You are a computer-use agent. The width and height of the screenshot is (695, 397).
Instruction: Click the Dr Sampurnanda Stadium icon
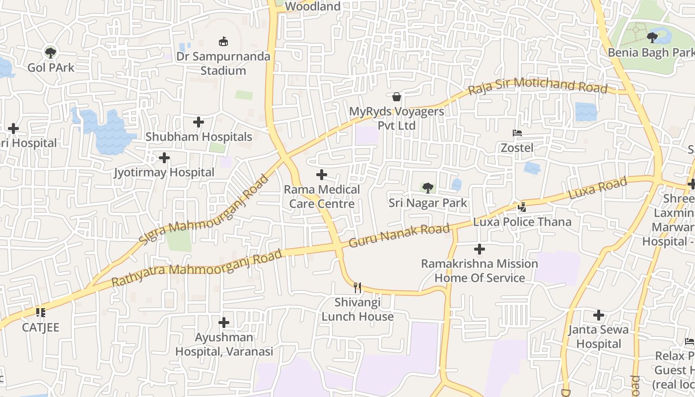coord(223,42)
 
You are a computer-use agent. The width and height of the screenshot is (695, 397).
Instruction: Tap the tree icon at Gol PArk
coord(50,52)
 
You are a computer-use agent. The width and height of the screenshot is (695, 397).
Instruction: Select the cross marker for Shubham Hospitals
coord(199,122)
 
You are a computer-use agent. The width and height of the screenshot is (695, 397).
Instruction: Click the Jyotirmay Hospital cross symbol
coord(164,158)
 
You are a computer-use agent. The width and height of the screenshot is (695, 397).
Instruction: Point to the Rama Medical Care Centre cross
coord(322,175)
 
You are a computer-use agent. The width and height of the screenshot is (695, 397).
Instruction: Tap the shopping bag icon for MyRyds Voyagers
coord(397,96)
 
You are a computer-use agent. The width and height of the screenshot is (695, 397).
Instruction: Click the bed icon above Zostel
coord(517,133)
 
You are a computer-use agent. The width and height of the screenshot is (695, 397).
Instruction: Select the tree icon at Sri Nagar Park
coord(427,188)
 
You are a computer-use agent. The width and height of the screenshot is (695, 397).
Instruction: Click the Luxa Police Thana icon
coord(522,207)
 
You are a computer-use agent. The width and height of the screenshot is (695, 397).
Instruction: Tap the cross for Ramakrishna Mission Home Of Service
coord(480,249)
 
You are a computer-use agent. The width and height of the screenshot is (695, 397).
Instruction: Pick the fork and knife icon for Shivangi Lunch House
coord(357,287)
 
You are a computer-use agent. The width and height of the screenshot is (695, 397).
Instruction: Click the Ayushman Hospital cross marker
coord(224,323)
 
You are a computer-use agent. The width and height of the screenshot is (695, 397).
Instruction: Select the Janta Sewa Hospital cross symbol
coord(599,315)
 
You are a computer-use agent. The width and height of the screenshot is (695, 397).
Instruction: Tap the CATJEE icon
coord(41,313)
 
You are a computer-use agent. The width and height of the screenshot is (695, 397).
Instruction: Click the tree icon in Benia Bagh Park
coord(652,37)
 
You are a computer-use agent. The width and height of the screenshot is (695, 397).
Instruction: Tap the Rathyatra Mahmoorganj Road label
coord(197,268)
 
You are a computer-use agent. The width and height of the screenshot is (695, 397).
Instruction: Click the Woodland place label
coord(313,6)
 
